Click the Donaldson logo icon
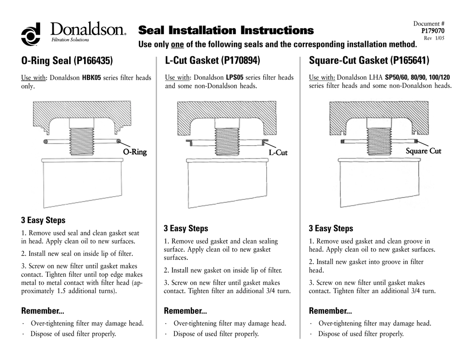click(30, 34)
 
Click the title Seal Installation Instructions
click(226, 30)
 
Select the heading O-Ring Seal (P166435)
click(67, 61)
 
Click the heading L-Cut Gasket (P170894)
click(213, 61)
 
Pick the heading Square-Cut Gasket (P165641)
click(369, 61)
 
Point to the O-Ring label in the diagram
click(135, 152)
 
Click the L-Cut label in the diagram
click(278, 152)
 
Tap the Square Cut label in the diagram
click(423, 151)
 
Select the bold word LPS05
click(235, 78)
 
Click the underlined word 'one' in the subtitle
click(177, 45)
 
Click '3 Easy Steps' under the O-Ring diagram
click(43, 220)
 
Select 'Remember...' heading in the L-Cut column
click(185, 311)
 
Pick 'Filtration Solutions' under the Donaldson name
click(70, 40)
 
